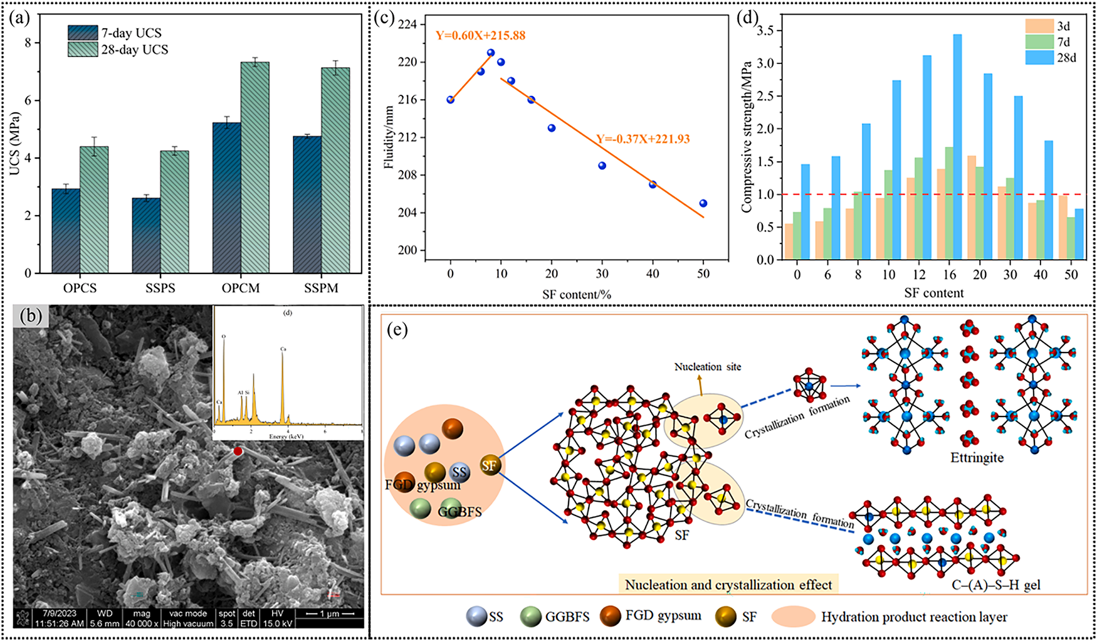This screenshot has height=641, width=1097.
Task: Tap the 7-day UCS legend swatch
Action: click(83, 33)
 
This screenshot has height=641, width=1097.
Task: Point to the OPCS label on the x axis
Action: click(80, 288)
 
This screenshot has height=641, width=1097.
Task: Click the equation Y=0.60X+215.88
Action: click(481, 36)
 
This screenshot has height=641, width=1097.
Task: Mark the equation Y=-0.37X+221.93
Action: click(643, 139)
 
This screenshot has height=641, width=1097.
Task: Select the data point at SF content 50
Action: click(703, 203)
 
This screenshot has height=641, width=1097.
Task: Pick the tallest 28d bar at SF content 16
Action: click(957, 147)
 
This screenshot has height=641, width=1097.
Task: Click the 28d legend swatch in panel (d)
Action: click(1039, 58)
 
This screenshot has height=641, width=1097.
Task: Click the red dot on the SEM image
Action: click(238, 451)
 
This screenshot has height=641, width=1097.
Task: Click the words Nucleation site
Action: click(707, 367)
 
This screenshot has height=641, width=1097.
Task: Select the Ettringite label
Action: click(977, 458)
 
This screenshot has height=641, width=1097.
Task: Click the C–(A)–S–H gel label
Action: click(995, 585)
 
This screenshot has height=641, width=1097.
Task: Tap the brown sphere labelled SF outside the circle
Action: click(490, 465)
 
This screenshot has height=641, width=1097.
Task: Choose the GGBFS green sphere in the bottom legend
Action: click(531, 617)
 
